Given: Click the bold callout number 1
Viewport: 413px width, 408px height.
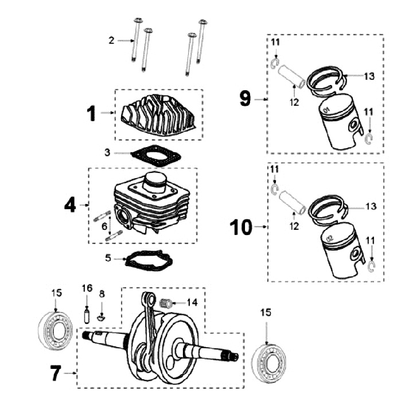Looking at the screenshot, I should tap(92, 114).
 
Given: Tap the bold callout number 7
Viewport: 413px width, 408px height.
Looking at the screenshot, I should tap(55, 374).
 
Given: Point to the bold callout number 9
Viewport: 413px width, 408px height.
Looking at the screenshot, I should tap(246, 99).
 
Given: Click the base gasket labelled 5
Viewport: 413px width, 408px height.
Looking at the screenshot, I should tap(149, 260).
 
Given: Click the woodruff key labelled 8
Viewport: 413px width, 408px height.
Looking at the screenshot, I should tap(102, 315).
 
